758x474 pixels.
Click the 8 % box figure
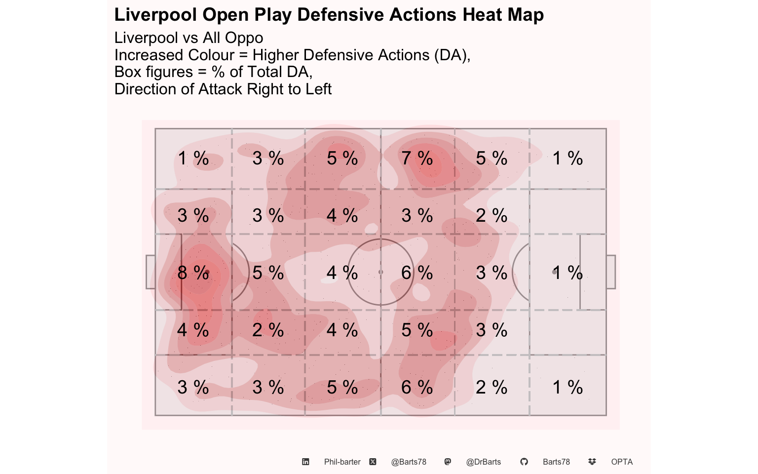[193, 273]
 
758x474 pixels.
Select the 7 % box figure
[417, 158]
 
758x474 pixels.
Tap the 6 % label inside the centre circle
[417, 273]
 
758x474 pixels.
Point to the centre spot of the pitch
[380, 272]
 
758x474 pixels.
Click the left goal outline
[150, 272]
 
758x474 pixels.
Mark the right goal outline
[611, 272]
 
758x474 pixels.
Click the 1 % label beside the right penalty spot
[568, 273]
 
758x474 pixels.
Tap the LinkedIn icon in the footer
[305, 462]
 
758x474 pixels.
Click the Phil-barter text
[342, 462]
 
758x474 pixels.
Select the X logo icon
[373, 462]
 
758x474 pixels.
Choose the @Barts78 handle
[409, 462]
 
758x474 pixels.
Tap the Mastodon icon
[448, 462]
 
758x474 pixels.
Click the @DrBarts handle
[484, 462]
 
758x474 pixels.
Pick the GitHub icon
[524, 462]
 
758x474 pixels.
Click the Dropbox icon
[592, 462]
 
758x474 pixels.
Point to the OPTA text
[622, 462]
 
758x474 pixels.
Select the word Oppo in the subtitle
[245, 38]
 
